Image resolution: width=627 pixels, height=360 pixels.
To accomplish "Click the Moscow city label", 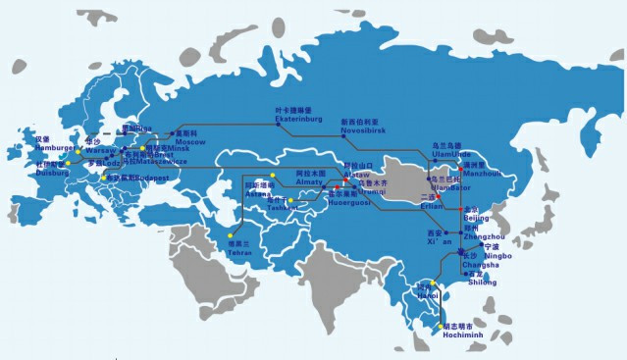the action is coord(191,142).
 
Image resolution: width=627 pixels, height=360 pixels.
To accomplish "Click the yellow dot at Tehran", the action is coord(232,235).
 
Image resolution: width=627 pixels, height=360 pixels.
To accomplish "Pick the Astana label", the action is coord(257,194).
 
